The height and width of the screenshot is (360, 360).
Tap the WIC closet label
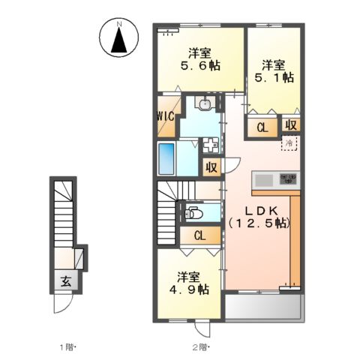165,116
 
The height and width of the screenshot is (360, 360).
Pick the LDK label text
259,210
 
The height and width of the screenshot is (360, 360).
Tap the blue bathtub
166,158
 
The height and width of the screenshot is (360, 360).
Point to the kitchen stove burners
289,180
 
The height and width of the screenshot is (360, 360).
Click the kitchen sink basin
264,180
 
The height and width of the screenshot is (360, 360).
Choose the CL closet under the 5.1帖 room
262,127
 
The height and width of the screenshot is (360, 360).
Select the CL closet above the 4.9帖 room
199,235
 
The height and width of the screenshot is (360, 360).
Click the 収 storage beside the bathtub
211,166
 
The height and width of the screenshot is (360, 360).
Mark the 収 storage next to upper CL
289,124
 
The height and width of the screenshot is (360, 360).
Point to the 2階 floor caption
199,347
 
